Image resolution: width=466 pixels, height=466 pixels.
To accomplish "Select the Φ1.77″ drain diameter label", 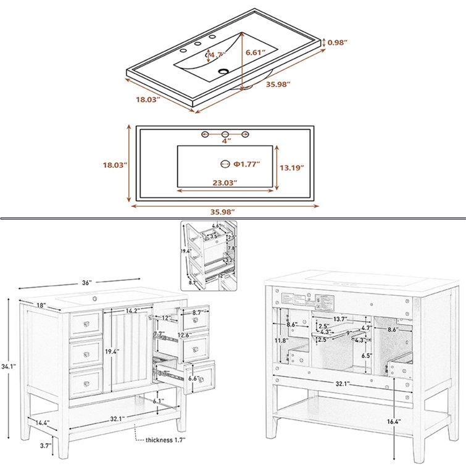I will pos(246,164).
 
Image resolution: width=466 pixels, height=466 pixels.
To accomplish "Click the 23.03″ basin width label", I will pos(225,183).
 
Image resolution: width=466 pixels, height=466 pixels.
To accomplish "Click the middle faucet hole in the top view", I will pos(225,134).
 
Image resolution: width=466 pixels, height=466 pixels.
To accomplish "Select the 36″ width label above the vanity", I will pos(86,283).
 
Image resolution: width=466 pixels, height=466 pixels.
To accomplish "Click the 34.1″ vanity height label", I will pos(9,366).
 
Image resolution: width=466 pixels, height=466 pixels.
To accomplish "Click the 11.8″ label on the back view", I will pos(281,341).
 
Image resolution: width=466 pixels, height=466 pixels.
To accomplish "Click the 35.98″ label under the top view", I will pos(225,212).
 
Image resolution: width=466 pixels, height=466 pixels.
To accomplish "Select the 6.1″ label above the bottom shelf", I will pos(158,401).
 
